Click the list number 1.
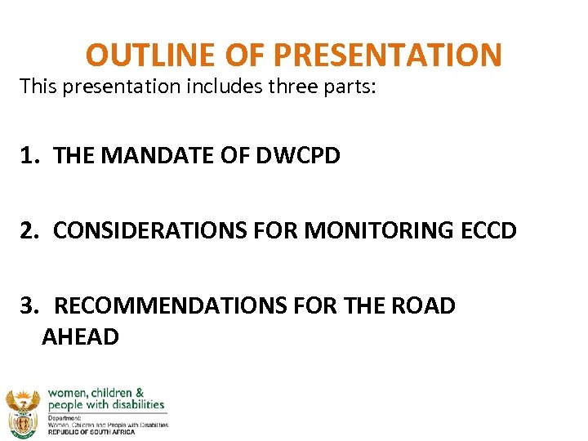coord(30,155)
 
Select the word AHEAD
coord(80,336)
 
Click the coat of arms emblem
coord(22,412)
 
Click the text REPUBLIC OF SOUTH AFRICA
coord(91,432)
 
